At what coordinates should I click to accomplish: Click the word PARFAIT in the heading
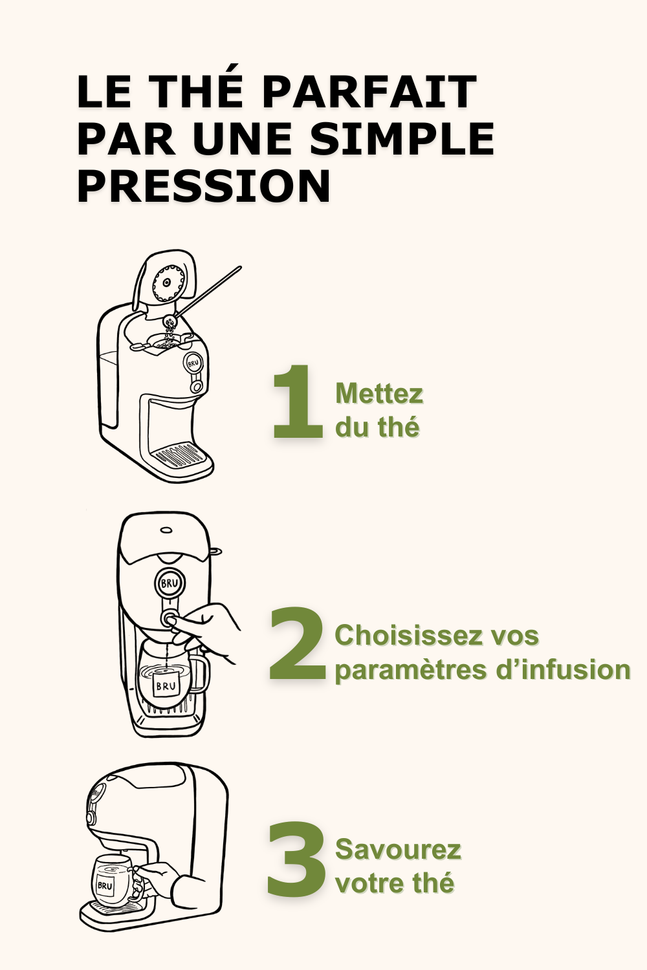[x=369, y=92]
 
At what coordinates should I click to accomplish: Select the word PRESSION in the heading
[x=204, y=186]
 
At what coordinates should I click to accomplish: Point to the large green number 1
[x=298, y=401]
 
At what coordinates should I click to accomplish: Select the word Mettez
[x=379, y=394]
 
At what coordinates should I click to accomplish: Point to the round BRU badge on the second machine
[x=170, y=583]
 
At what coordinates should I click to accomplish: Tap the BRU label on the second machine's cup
[x=166, y=685]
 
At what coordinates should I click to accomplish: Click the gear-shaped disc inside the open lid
[x=167, y=283]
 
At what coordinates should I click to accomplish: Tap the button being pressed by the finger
[x=169, y=619]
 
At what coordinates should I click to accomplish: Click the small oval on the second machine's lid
[x=166, y=530]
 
